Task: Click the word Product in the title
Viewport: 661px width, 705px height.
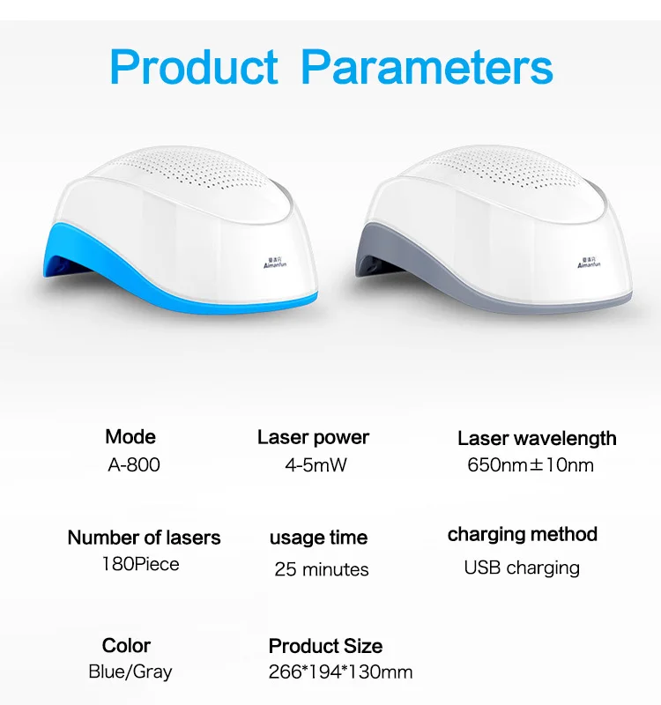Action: tap(194, 67)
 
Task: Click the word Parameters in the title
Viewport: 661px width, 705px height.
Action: tap(427, 67)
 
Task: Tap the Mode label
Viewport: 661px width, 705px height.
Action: tap(130, 436)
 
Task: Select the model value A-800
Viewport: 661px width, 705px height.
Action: tap(134, 464)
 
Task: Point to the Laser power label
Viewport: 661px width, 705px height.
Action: tap(313, 437)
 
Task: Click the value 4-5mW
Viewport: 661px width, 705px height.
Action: tap(316, 464)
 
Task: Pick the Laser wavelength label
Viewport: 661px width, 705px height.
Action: tap(537, 438)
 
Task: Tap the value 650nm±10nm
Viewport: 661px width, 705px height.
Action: tap(531, 464)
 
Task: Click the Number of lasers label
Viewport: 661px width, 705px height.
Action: tap(144, 538)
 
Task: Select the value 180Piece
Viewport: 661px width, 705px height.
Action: tap(141, 564)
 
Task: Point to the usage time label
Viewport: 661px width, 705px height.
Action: tap(318, 538)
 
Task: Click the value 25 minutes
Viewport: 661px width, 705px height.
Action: tap(321, 568)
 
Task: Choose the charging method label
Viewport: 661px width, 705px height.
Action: tap(522, 534)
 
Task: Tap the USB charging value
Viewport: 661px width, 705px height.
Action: tap(522, 568)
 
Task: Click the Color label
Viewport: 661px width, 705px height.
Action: tap(126, 645)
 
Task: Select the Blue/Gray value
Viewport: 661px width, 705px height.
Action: tap(130, 672)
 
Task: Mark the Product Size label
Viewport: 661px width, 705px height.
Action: tap(325, 646)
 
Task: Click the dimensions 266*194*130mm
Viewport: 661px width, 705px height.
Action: tap(340, 672)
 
